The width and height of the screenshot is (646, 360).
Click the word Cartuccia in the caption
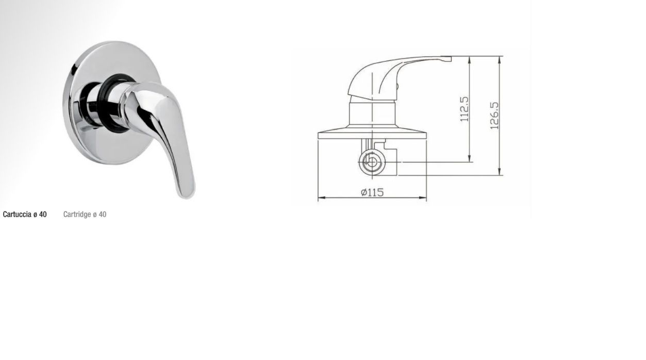pos(17,215)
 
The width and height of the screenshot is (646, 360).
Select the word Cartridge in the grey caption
pos(77,215)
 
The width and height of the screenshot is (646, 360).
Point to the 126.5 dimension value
pos(494,115)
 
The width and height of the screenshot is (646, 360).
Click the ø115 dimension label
pos(372,192)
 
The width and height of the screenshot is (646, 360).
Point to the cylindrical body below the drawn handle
pos(372,112)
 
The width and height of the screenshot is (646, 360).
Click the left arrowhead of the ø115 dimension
pos(320,198)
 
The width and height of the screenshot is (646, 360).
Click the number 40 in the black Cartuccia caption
pos(43,215)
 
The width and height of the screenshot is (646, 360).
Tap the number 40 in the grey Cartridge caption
pos(103,215)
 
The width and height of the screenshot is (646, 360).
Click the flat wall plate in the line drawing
pos(372,133)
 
